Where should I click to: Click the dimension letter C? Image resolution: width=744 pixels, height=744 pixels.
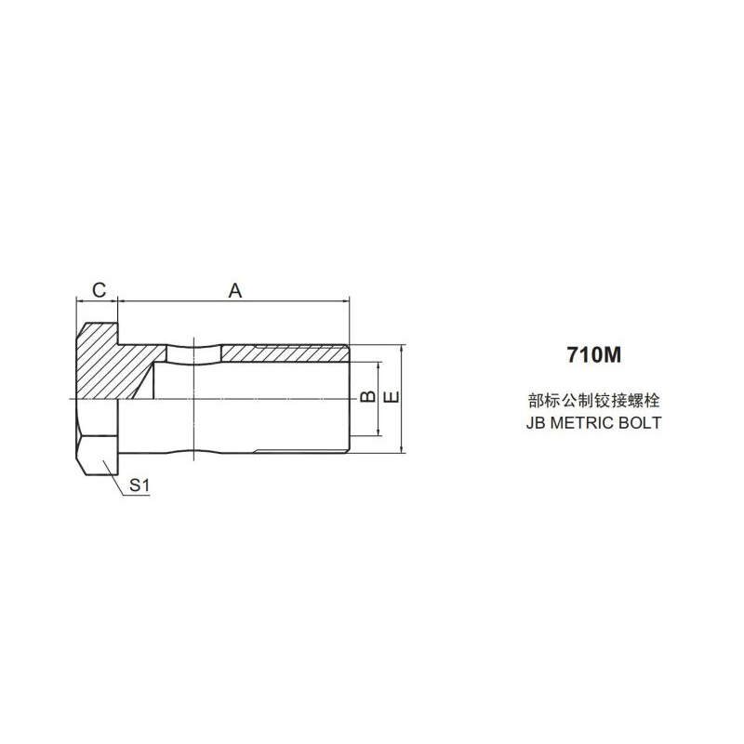[100, 289]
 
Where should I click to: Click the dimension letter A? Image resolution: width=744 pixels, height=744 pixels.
[235, 290]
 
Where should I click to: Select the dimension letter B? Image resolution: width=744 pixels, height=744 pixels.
[367, 397]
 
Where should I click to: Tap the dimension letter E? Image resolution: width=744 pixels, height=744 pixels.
[392, 397]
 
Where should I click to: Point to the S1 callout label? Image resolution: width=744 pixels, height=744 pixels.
[139, 485]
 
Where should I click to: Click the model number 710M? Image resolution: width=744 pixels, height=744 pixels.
[594, 354]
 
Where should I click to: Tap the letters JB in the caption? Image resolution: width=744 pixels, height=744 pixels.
[537, 423]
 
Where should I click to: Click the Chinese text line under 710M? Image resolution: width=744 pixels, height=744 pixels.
[594, 401]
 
